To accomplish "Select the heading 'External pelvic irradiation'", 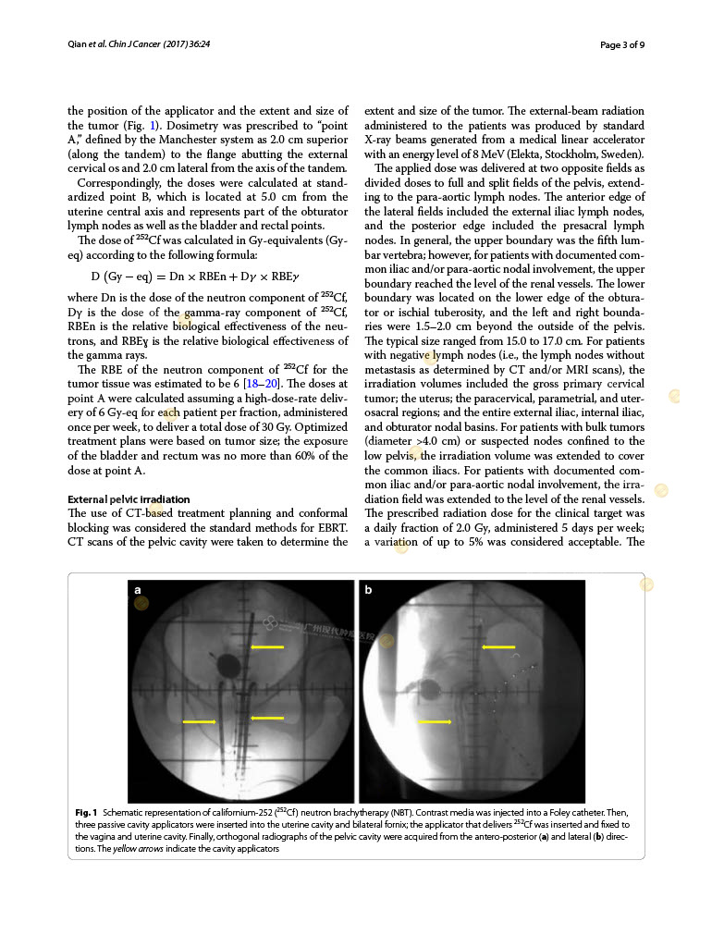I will tap(129, 499).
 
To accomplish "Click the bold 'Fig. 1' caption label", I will tap(87, 811).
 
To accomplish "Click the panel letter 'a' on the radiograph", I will tap(138, 589).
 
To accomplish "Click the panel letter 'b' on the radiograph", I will tap(368, 589).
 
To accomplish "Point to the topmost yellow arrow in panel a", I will tap(267, 647).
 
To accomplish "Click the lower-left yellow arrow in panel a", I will tap(200, 721).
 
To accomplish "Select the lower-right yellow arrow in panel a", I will tap(267, 717).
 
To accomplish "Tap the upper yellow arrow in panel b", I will tap(498, 647).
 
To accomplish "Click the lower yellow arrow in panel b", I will tap(435, 721).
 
